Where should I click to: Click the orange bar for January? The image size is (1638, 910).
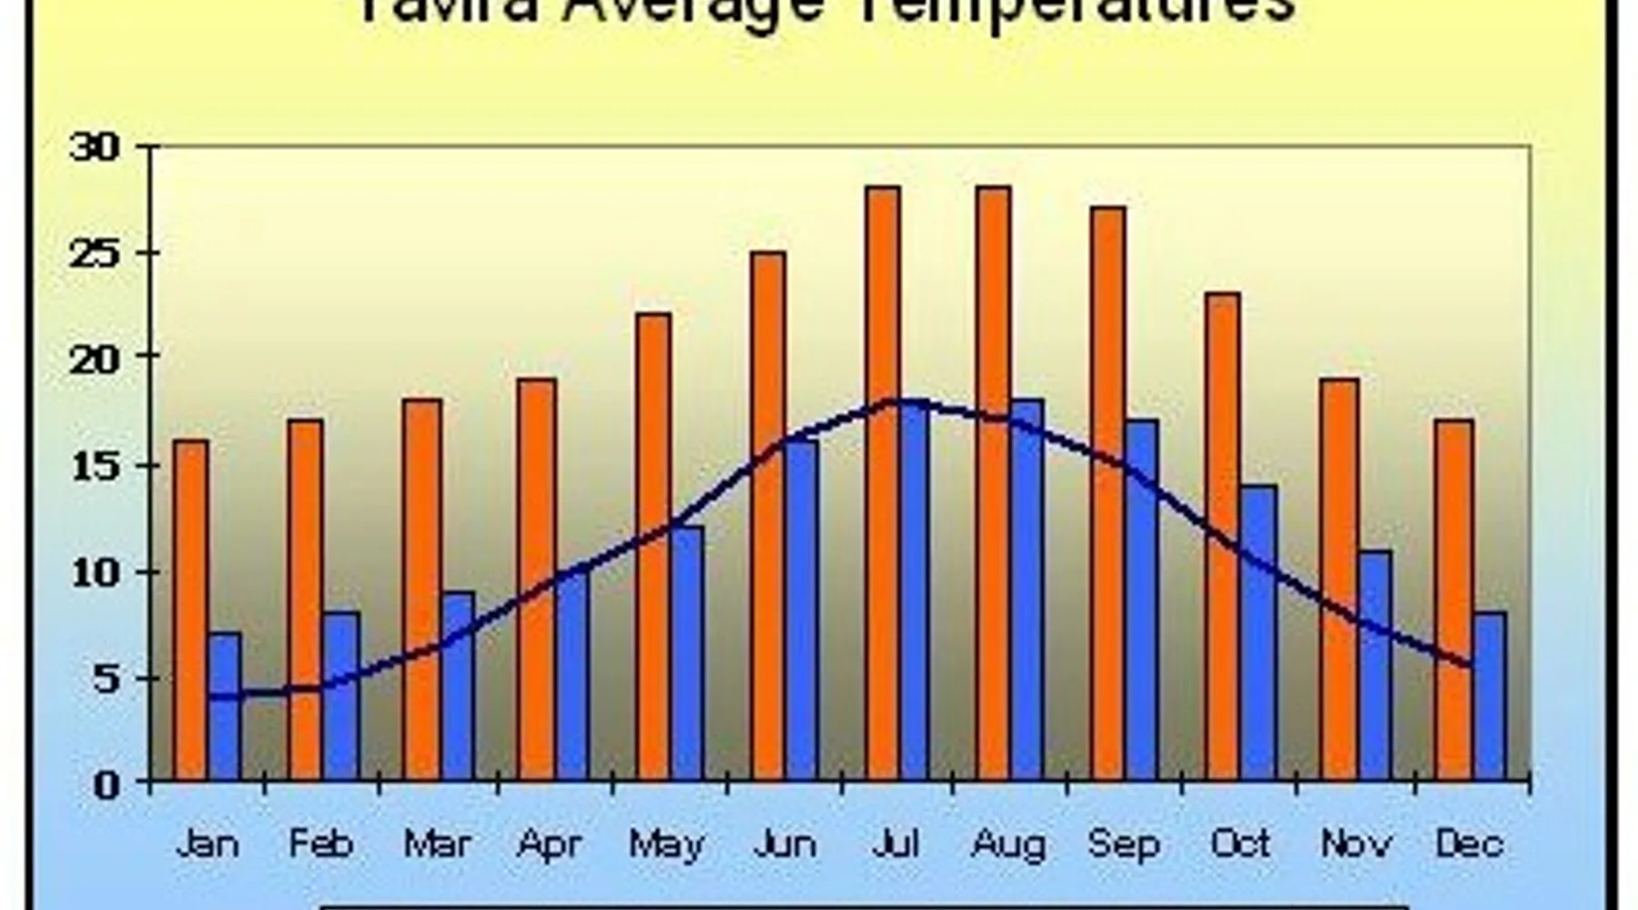pyautogui.click(x=191, y=610)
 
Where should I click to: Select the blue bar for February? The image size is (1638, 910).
pyautogui.click(x=341, y=696)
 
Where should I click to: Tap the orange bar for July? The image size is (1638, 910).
pyautogui.click(x=883, y=482)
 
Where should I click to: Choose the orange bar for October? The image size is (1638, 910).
pyautogui.click(x=1223, y=537)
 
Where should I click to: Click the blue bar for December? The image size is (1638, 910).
pyautogui.click(x=1490, y=696)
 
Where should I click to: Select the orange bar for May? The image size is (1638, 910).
pyautogui.click(x=653, y=546)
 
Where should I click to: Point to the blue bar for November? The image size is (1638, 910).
pyautogui.click(x=1375, y=664)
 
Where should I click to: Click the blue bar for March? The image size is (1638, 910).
pyautogui.click(x=458, y=686)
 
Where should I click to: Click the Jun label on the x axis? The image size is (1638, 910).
pyautogui.click(x=784, y=844)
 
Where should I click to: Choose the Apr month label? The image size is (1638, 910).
pyautogui.click(x=549, y=844)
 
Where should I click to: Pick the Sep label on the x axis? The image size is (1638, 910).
pyautogui.click(x=1124, y=844)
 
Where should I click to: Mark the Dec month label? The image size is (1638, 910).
pyautogui.click(x=1469, y=844)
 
